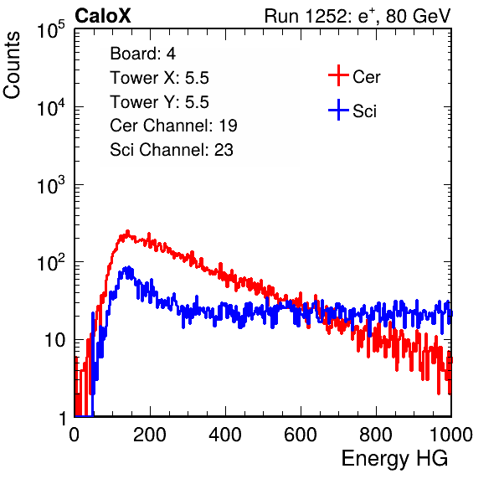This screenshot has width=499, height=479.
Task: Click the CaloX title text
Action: [102, 16]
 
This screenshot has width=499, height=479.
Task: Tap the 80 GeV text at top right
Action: [419, 16]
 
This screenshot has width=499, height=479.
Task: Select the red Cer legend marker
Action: [338, 75]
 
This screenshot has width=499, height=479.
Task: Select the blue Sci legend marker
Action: [338, 110]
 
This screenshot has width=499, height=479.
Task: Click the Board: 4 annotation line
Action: [142, 54]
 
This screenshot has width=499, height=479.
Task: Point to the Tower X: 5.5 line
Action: [159, 78]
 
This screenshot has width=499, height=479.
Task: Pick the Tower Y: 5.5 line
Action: [159, 102]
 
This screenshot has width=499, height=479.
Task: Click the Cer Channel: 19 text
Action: [173, 126]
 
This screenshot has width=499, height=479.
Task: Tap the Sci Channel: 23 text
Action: [172, 150]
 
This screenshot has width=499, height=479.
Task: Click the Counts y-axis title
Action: [12, 65]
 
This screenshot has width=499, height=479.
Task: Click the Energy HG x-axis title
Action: [394, 459]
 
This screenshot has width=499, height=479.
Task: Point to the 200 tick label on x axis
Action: [150, 435]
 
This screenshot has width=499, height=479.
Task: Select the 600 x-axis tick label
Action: [301, 435]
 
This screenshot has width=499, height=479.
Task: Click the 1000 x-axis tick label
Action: [451, 435]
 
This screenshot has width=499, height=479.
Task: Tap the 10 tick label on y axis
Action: [54, 340]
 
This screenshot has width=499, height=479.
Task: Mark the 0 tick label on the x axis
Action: [75, 435]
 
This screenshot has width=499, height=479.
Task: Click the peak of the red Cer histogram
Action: [127, 232]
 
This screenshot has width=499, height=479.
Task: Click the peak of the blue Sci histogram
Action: [129, 267]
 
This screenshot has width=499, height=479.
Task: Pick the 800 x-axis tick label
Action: [376, 435]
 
